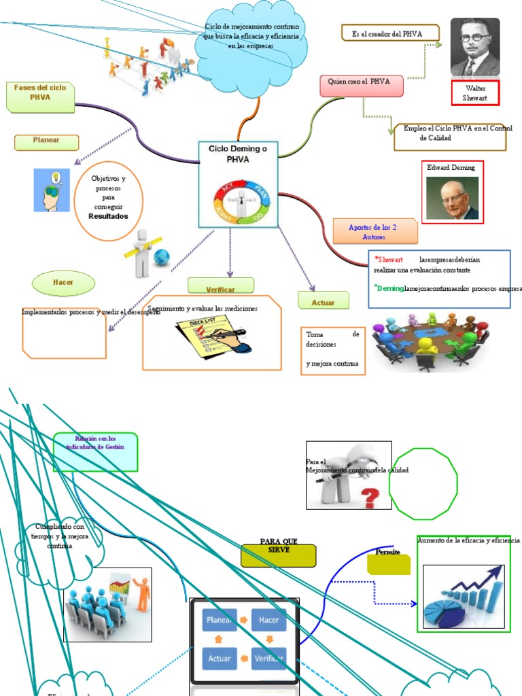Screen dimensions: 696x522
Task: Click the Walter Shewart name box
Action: tap(475, 92)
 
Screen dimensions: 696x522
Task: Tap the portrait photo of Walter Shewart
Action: tap(475, 46)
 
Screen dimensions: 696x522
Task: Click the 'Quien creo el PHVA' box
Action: tap(361, 86)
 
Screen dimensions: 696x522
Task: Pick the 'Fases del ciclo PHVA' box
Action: tap(40, 97)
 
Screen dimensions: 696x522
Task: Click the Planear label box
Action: tap(46, 142)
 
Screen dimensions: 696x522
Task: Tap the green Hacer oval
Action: tap(63, 282)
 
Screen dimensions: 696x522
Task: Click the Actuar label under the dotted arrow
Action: tap(323, 300)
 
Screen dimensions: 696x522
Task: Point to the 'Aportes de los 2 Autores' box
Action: tap(375, 232)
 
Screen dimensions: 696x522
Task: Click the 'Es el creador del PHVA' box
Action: tap(389, 33)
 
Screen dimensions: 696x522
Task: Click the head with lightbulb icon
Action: tap(52, 190)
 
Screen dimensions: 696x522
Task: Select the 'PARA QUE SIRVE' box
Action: tap(279, 555)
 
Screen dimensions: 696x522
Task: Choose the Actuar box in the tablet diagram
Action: tap(220, 657)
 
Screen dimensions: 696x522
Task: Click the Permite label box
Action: tap(388, 563)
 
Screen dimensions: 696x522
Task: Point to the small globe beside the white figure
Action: tap(162, 257)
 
